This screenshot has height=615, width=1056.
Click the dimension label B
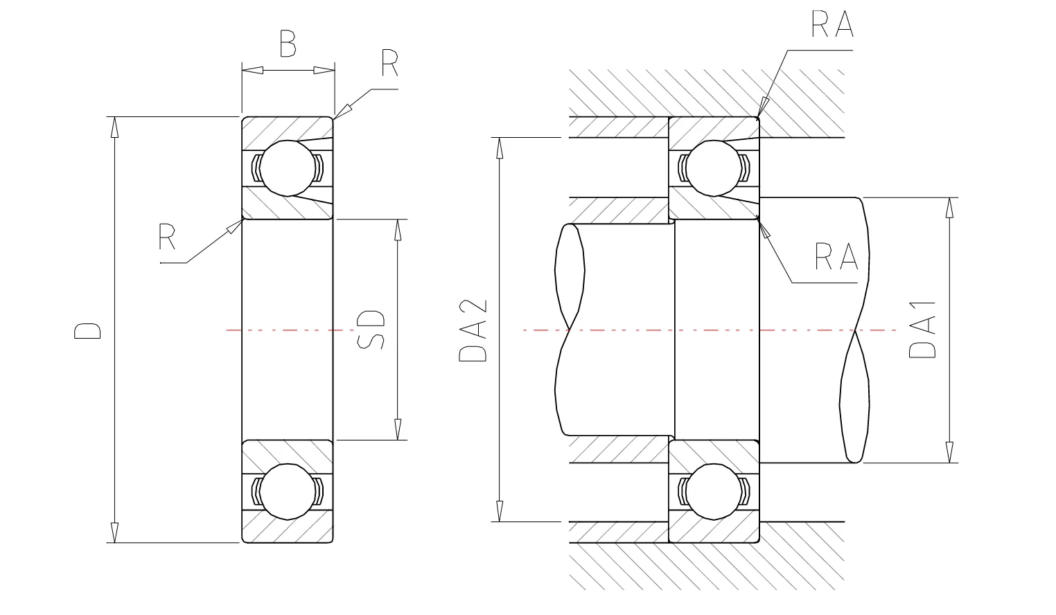288,44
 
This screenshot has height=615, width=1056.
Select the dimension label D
88,330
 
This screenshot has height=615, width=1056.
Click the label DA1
922,328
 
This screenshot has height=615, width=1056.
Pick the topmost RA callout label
831,24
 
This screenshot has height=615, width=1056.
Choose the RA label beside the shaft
836,257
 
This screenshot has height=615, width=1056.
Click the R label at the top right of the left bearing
389,64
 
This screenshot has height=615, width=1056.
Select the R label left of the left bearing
167,237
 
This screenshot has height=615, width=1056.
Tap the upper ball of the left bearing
288,168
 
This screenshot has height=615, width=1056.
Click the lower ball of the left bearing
288,491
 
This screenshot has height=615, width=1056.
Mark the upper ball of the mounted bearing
714,168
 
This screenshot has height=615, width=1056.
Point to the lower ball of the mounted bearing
714,491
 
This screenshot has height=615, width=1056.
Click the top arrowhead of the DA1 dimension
948,208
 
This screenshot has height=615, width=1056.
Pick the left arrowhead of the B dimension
252,70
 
